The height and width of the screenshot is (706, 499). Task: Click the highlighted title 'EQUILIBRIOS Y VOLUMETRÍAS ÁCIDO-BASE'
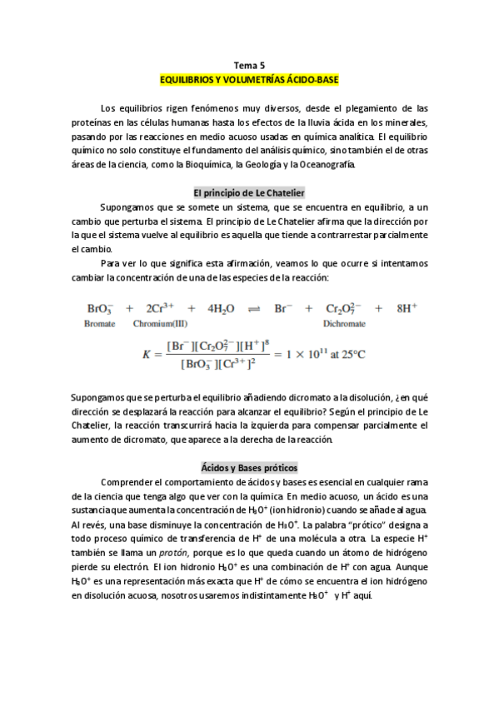pyautogui.click(x=249, y=80)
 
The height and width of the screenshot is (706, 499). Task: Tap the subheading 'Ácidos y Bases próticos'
pyautogui.click(x=249, y=467)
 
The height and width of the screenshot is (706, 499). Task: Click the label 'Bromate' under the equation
pyautogui.click(x=100, y=324)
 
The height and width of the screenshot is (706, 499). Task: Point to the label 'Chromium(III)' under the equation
pyautogui.click(x=162, y=324)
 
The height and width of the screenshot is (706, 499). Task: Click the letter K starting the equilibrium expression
pyautogui.click(x=147, y=355)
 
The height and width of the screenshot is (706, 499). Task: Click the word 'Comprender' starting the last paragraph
pyautogui.click(x=126, y=482)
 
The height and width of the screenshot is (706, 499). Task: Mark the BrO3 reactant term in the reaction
pyautogui.click(x=99, y=308)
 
